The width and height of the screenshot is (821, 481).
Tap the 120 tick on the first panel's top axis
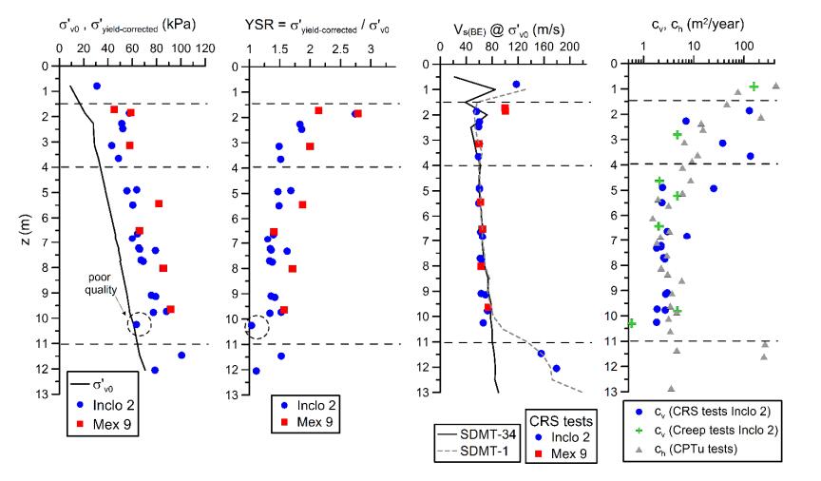coord(203,48)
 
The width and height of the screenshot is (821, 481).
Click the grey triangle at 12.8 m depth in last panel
coord(671,388)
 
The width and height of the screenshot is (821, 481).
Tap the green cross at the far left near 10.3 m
coord(632,323)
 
